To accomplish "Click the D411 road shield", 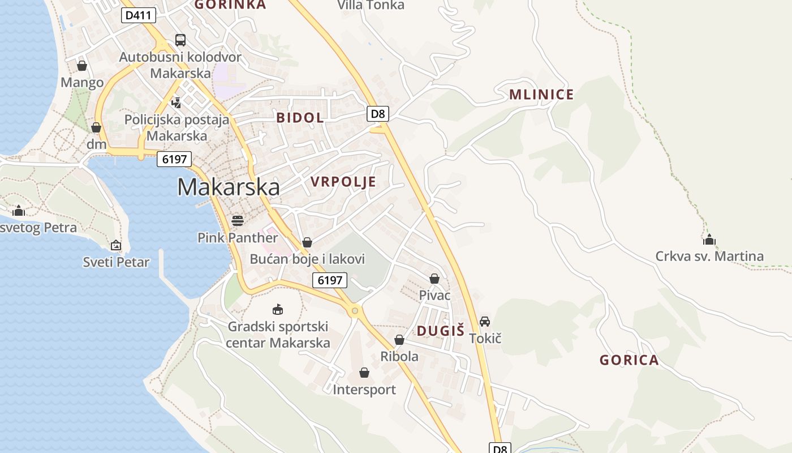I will [x=138, y=15].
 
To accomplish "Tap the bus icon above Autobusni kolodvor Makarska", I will [x=180, y=40].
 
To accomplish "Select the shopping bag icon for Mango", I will [x=82, y=66].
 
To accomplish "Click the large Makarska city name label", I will [x=229, y=187].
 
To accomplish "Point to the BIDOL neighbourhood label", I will [x=300, y=118].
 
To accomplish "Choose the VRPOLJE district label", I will [x=343, y=182].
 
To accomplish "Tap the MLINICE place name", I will [x=541, y=95].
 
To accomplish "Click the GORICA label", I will [x=629, y=360].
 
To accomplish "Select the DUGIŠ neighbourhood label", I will [x=441, y=331].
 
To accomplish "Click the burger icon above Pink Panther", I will [x=238, y=220].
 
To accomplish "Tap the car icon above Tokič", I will [x=485, y=322].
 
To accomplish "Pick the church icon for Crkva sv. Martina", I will [x=709, y=240].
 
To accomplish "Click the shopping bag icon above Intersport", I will [x=364, y=373].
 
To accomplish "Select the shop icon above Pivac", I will [x=434, y=279].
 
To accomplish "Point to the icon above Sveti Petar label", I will [x=116, y=245].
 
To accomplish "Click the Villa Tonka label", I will [x=371, y=6].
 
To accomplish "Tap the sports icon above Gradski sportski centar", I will [x=277, y=309].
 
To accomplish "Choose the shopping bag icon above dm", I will [x=96, y=127].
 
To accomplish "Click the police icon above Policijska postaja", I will [x=177, y=102].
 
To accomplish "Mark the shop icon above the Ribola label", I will [x=399, y=340].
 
